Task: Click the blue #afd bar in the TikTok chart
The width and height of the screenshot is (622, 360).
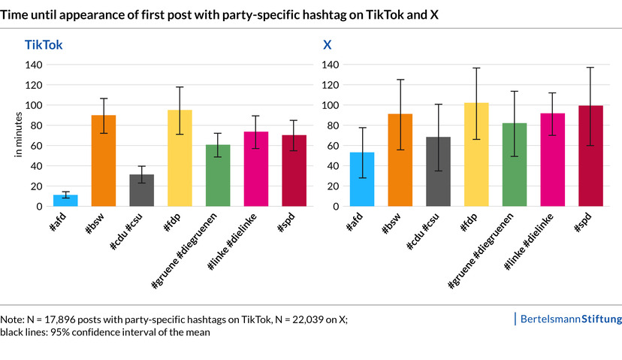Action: pos(65,200)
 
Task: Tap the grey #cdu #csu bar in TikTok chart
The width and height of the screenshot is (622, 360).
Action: pos(141,190)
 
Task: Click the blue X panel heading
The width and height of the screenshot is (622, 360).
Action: pos(328,45)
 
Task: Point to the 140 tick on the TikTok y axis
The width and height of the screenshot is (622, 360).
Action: pos(35,65)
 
